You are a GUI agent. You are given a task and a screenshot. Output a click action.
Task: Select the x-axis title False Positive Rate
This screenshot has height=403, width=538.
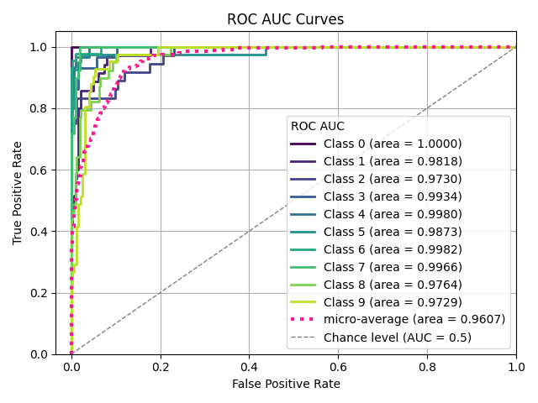(286, 384)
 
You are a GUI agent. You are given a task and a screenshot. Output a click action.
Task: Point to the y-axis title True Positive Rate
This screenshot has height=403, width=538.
(18, 193)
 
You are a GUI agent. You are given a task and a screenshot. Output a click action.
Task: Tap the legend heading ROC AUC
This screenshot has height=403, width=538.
(317, 126)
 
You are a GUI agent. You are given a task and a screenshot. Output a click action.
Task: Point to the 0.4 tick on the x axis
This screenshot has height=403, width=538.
(249, 367)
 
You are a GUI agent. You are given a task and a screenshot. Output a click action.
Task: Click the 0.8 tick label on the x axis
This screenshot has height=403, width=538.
(427, 367)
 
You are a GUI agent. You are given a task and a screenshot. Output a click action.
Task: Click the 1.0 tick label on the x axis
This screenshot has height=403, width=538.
(516, 367)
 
